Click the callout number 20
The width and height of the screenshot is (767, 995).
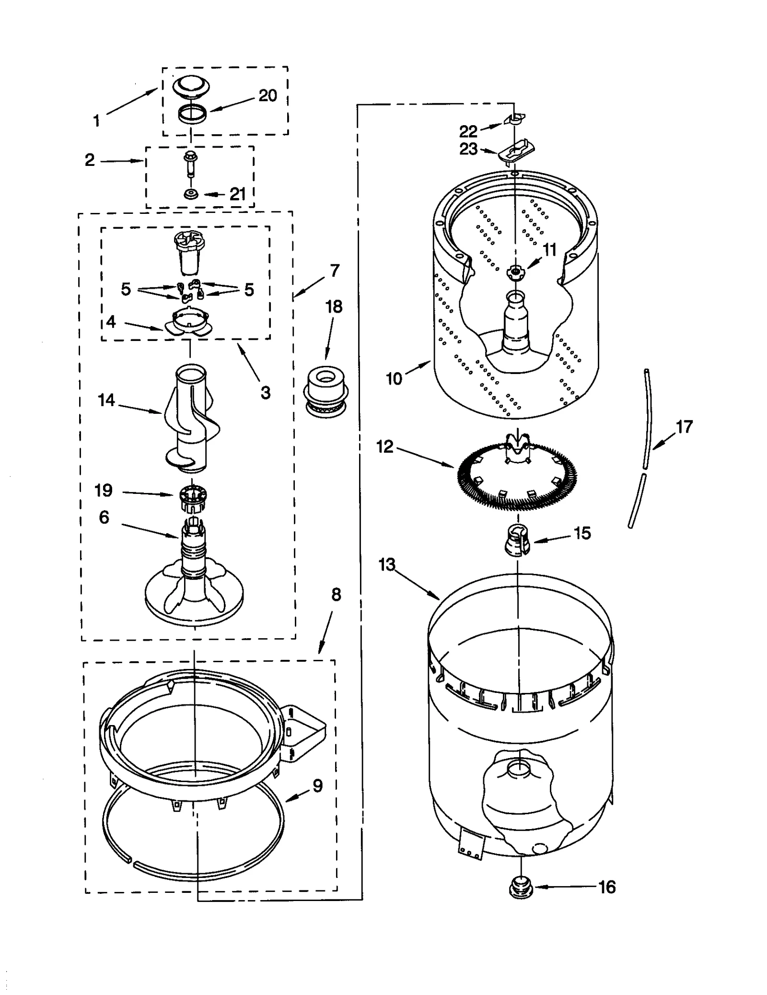(268, 95)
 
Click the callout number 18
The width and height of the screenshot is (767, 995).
(334, 306)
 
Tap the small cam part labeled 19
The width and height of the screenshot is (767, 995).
(191, 497)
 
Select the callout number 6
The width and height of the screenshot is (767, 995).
(104, 517)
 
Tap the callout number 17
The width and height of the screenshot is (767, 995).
(684, 426)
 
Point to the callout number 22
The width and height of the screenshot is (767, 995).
(468, 131)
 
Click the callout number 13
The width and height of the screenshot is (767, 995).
(386, 564)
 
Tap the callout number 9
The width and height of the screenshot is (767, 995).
(317, 786)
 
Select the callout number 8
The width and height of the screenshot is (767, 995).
(336, 595)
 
